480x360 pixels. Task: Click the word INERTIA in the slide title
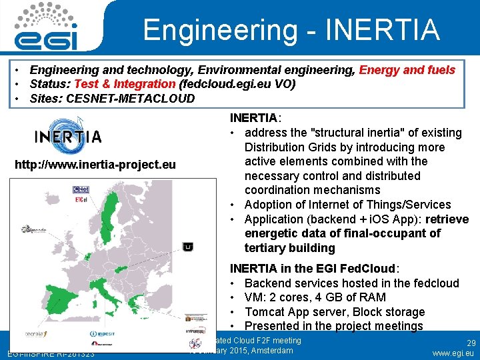pos(383,29)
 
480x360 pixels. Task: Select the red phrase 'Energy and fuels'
pos(407,69)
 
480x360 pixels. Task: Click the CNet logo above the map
pos(81,189)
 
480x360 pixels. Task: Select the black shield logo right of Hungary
pos(188,247)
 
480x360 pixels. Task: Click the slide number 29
pos(471,343)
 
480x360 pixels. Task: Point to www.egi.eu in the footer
pos(453,353)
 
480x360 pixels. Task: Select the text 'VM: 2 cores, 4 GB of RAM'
pos(325,297)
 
